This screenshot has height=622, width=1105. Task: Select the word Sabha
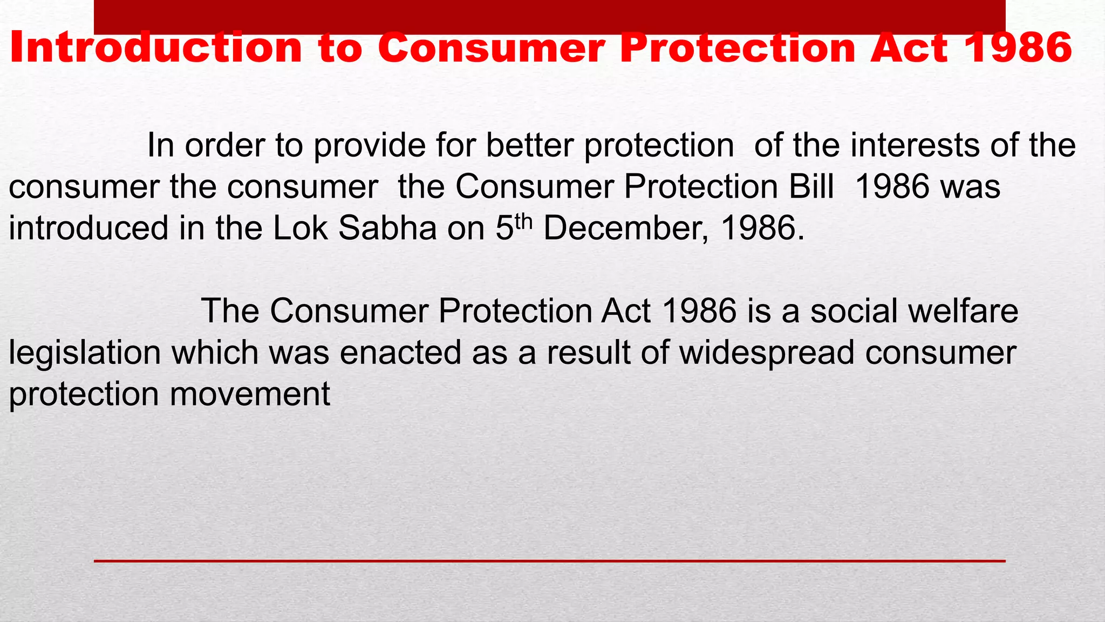(x=387, y=228)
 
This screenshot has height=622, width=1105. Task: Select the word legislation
(x=85, y=353)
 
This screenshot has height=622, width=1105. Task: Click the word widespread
(x=767, y=353)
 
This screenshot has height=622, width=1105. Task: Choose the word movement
(x=250, y=394)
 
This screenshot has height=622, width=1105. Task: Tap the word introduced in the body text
(x=89, y=228)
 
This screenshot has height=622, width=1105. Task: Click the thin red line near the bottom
(x=549, y=562)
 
